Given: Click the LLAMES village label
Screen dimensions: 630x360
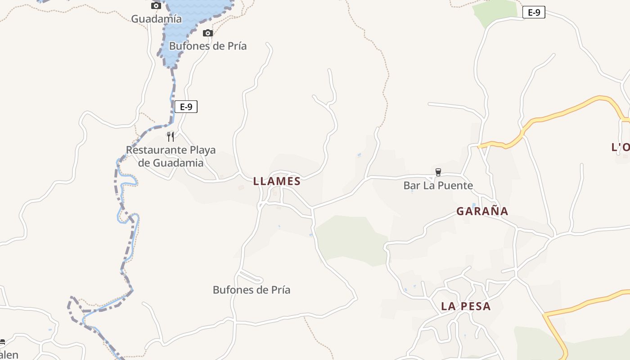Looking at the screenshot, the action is click(276, 181).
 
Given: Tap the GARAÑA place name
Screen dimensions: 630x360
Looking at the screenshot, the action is click(482, 211).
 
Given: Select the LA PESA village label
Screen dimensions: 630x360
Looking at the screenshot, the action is click(465, 306).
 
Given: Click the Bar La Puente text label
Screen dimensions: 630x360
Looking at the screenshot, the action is click(438, 185).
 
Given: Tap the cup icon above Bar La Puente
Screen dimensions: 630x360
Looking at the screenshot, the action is click(438, 172).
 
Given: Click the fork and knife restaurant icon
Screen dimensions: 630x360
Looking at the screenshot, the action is click(171, 136).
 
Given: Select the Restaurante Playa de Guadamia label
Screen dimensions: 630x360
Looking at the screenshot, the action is click(171, 156).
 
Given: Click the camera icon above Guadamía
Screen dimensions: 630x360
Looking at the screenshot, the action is click(156, 5).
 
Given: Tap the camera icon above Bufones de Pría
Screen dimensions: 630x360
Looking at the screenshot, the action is click(207, 33).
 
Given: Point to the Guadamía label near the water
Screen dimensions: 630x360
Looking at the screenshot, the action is click(156, 19).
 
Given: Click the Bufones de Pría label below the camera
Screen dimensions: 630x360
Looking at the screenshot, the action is click(207, 46).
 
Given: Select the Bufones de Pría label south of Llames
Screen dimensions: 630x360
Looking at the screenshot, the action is click(251, 290).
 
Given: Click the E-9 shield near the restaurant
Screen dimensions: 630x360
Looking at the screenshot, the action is click(186, 107).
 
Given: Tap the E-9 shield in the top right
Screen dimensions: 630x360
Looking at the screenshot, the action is click(534, 13).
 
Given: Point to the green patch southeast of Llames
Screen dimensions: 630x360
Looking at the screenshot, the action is click(351, 238).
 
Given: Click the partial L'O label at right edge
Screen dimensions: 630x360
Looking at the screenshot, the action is click(620, 147).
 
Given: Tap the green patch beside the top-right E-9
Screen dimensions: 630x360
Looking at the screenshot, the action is click(495, 10).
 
